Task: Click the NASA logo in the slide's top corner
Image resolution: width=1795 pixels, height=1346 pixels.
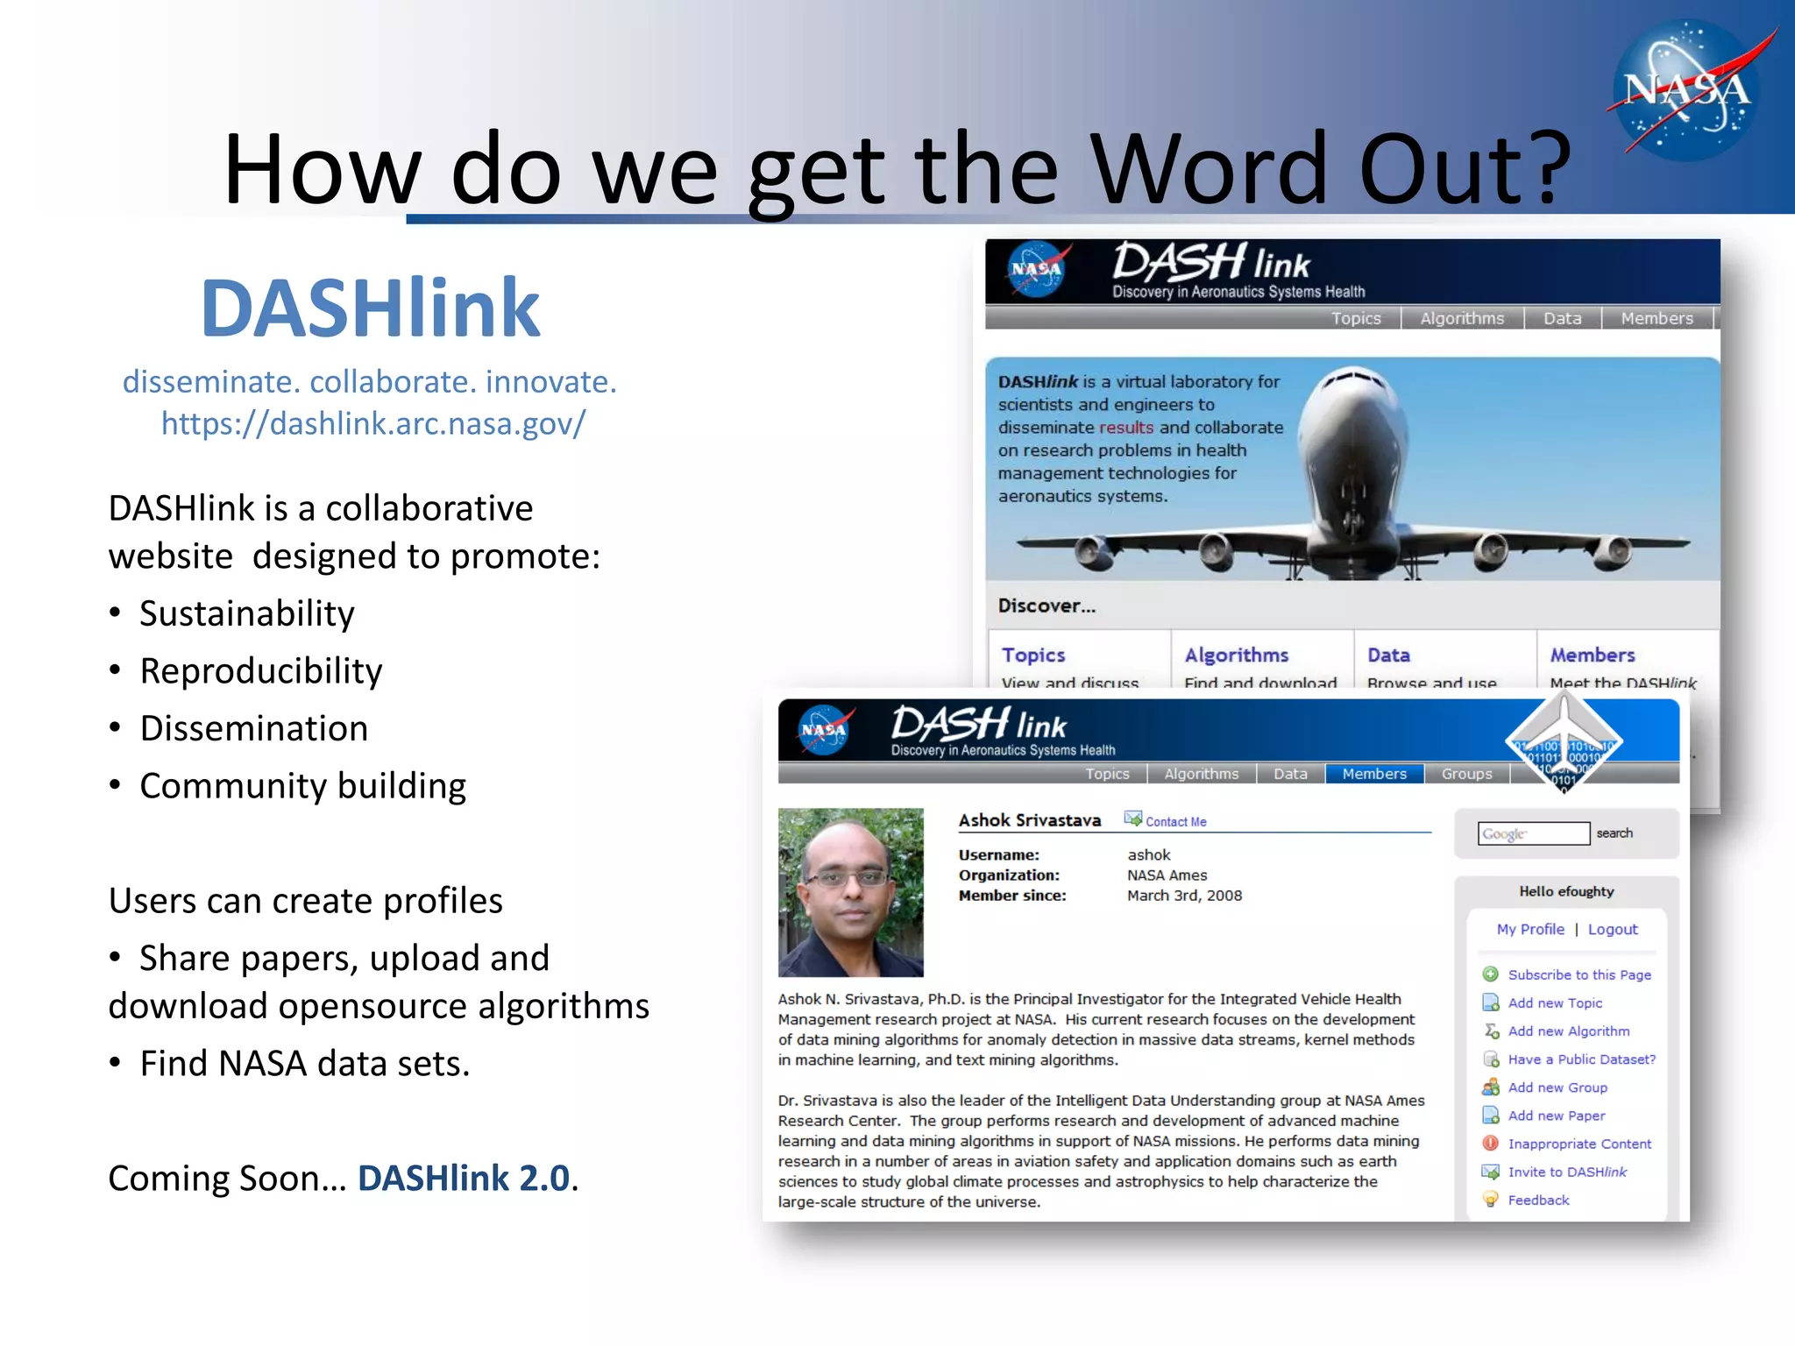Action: pos(1686,89)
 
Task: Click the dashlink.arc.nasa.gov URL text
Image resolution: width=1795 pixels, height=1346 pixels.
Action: pos(372,423)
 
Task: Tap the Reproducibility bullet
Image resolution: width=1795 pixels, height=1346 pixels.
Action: pos(260,671)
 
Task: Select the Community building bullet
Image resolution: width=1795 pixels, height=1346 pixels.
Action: pos(302,786)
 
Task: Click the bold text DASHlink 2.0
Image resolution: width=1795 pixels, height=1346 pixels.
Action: pos(464,1179)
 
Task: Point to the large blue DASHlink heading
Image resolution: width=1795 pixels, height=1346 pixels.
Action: pos(370,308)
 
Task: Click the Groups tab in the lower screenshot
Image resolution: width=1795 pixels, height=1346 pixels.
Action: pos(1466,774)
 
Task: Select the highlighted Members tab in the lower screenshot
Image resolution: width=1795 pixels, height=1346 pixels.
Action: pos(1373,774)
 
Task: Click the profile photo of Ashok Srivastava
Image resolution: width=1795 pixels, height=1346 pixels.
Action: pos(850,892)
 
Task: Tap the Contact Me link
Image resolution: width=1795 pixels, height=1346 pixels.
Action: pos(1175,822)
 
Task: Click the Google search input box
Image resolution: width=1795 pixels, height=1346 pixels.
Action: pos(1533,833)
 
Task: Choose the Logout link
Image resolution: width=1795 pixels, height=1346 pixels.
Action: pos(1612,930)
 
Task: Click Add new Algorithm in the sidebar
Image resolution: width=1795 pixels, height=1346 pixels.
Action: pos(1568,1031)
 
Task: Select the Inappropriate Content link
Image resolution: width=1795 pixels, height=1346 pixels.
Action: pos(1579,1144)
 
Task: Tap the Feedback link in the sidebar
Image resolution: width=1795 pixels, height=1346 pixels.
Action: pos(1538,1201)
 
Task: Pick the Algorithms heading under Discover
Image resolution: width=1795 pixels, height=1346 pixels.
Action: pos(1236,655)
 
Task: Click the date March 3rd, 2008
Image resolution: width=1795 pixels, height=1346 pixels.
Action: pos(1184,896)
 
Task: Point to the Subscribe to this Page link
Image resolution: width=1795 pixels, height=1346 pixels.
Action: pos(1579,975)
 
